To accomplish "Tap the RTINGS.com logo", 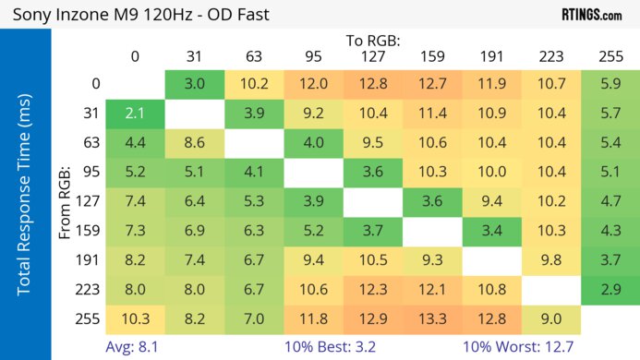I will [x=591, y=15].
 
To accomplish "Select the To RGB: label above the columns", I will [x=373, y=41].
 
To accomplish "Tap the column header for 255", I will [x=610, y=56].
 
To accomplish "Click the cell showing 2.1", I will [x=135, y=114].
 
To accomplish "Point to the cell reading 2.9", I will [x=610, y=289].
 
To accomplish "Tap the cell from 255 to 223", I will [x=551, y=318].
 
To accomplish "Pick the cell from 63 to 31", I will [x=194, y=142].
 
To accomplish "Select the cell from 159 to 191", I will [x=491, y=230].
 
